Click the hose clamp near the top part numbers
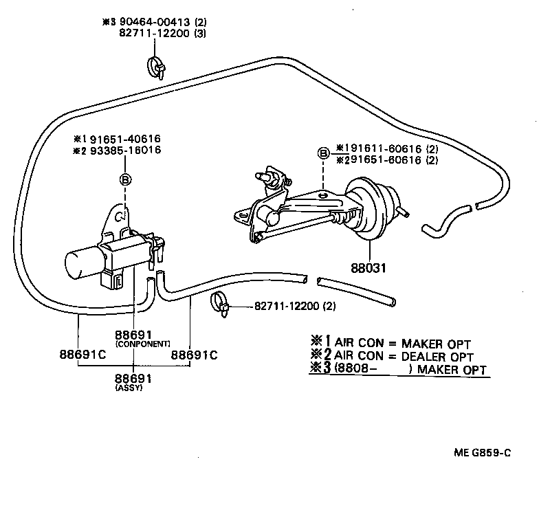click(x=156, y=66)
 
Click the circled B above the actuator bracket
click(x=323, y=153)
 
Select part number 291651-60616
click(x=377, y=160)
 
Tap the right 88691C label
click(x=194, y=355)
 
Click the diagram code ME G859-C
click(x=483, y=452)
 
